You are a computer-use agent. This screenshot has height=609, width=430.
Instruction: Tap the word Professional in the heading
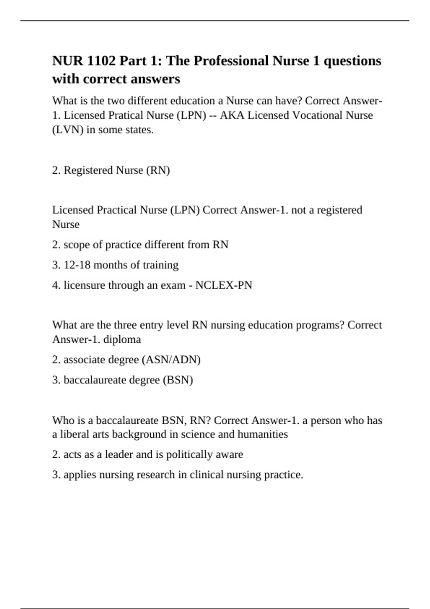click(231, 61)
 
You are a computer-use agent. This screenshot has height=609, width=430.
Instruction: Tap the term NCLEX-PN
click(224, 285)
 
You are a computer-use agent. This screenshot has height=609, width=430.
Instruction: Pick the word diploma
click(122, 339)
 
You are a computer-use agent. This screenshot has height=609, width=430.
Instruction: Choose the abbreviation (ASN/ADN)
click(171, 360)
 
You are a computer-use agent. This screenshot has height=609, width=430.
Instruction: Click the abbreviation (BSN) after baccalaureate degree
click(178, 380)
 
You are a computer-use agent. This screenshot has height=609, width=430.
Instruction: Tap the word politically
click(189, 455)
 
